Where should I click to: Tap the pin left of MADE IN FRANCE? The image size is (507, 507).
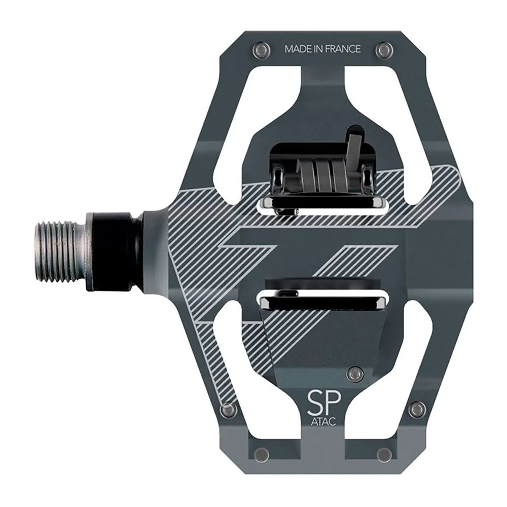pyautogui.click(x=261, y=50)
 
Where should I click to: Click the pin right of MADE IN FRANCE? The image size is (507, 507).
pyautogui.click(x=384, y=50)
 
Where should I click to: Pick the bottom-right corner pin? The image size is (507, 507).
pyautogui.click(x=384, y=454)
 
